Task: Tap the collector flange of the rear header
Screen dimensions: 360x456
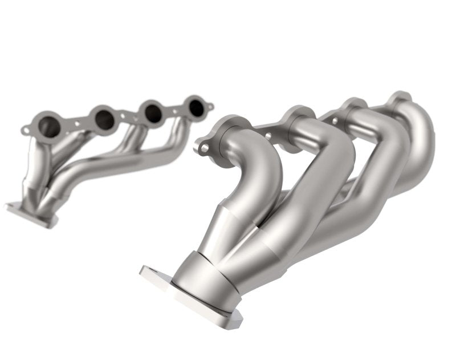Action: [31, 213]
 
